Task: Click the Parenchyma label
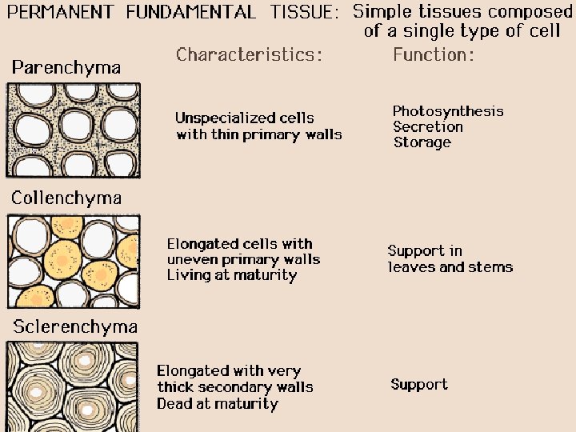point(66,67)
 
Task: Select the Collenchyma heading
point(66,198)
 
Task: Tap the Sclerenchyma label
point(74,326)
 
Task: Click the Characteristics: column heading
point(249,54)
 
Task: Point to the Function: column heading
point(434,54)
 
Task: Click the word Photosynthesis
point(448,111)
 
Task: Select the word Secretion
point(428,126)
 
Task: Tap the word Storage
point(422,142)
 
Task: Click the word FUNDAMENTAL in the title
point(191,12)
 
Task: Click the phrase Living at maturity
point(232,275)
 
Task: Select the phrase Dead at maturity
point(218,403)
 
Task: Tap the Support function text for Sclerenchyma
point(419,385)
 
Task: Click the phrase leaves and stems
point(450,267)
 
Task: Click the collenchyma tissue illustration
point(73,261)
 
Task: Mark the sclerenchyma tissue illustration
point(73,386)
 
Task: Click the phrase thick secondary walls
point(235,387)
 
